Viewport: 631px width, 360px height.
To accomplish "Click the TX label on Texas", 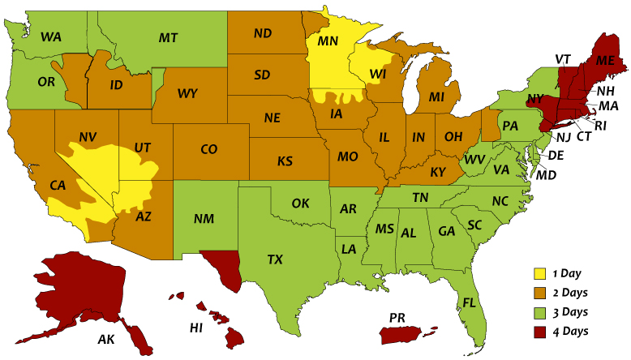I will tap(276, 260).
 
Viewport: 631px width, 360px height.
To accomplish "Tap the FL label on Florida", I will tap(470, 303).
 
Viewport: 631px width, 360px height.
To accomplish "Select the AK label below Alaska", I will tap(106, 339).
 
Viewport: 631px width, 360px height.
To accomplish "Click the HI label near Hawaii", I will tap(195, 328).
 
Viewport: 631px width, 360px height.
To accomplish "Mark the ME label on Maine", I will tap(605, 62).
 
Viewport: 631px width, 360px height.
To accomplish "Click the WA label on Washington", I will tap(51, 37).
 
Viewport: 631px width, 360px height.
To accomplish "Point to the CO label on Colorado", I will tap(208, 150).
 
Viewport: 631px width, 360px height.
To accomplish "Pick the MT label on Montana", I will tap(169, 38).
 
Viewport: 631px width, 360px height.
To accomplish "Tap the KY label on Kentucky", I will tap(438, 172).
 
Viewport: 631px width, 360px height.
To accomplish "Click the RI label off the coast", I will tap(600, 126).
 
